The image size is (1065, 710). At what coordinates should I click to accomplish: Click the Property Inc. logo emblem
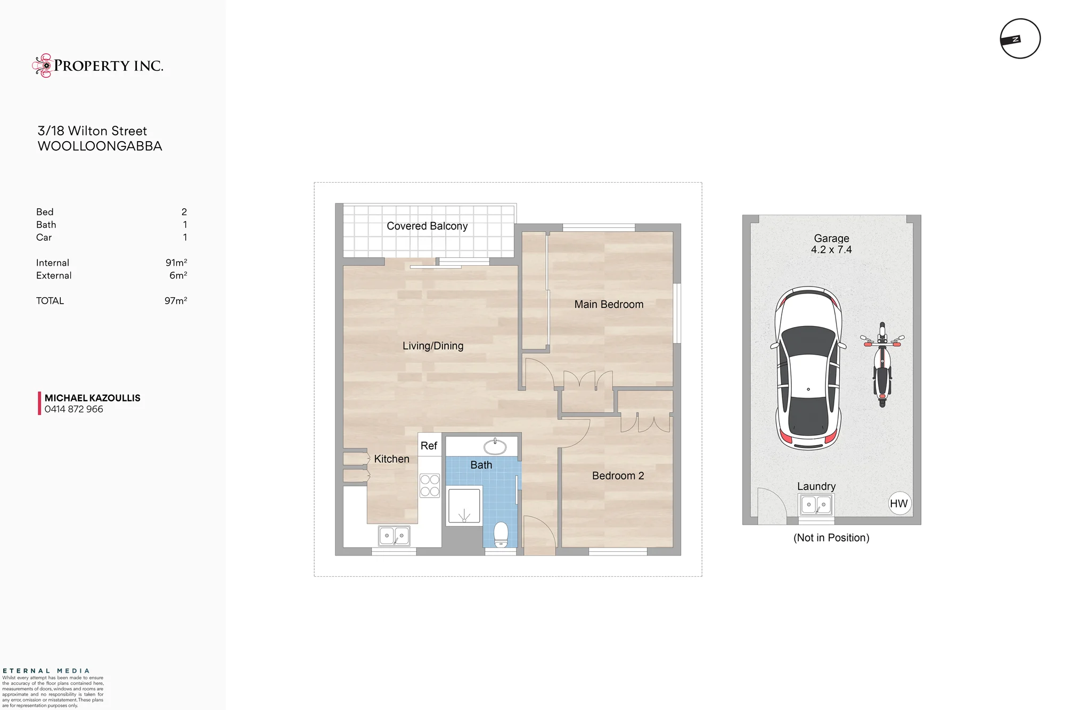[42, 66]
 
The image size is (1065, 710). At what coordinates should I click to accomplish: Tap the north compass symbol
[1020, 39]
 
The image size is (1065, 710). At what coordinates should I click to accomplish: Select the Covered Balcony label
[427, 226]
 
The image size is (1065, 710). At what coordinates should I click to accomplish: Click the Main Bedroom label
[609, 304]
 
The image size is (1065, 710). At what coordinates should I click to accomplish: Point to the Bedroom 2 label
[618, 476]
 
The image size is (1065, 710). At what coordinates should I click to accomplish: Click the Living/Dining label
[433, 346]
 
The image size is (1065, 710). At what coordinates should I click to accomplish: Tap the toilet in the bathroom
[501, 534]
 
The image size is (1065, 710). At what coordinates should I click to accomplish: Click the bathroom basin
[495, 446]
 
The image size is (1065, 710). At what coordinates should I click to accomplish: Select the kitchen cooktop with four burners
[430, 485]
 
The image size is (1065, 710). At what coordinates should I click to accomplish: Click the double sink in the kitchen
[394, 536]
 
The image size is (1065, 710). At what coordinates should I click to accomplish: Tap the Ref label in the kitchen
[429, 446]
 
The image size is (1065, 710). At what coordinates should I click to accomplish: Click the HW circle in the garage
[899, 503]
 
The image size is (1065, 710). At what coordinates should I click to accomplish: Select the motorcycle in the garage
[882, 364]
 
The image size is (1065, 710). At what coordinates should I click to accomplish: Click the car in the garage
[808, 368]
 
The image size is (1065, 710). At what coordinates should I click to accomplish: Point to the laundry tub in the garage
[816, 504]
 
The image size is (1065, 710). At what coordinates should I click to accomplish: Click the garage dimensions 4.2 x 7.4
[831, 250]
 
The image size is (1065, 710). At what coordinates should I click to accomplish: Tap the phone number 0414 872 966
[74, 409]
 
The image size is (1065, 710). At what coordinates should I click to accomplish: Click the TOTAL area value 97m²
[176, 300]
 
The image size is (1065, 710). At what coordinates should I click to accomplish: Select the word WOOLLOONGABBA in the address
[100, 146]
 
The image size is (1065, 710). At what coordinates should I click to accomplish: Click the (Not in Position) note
[831, 538]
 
